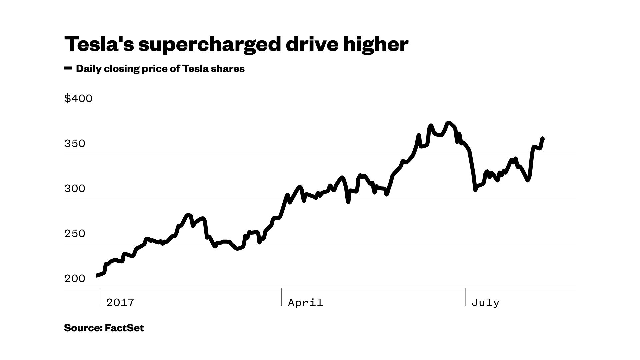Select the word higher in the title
[375, 44]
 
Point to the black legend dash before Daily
[68, 68]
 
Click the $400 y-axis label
[78, 99]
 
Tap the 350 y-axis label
[75, 144]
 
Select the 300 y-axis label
[75, 189]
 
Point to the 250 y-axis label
[75, 234]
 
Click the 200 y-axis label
[75, 279]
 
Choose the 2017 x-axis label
[120, 303]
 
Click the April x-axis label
[305, 303]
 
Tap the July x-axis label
[485, 303]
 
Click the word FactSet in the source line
[124, 328]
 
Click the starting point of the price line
[97, 276]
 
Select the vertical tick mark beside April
[282, 297]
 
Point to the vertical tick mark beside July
[465, 297]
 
